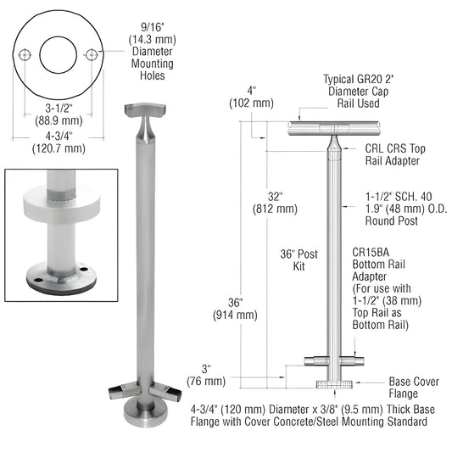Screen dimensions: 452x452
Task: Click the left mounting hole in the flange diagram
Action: (x=27, y=55)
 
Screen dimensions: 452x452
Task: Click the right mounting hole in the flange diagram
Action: (x=90, y=55)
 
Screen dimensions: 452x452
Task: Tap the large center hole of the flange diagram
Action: (x=59, y=54)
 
